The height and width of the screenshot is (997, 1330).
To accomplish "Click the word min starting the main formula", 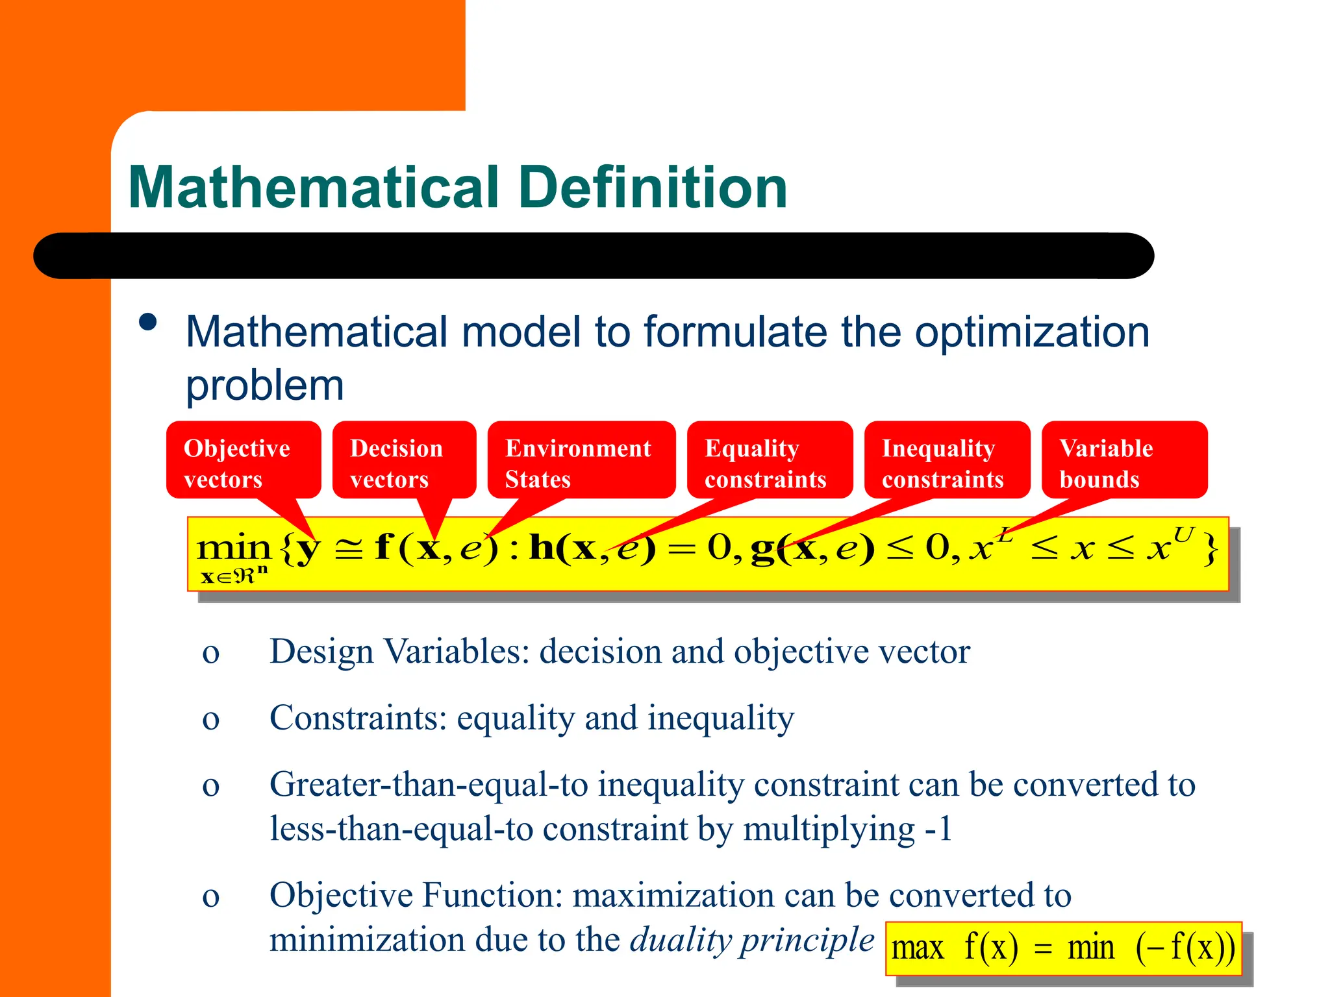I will [x=233, y=548].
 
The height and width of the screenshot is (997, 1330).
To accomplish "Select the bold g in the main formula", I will [x=762, y=550].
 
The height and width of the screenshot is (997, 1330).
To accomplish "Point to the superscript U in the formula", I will [x=1183, y=535].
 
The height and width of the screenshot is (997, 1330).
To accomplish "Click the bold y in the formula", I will [x=308, y=550].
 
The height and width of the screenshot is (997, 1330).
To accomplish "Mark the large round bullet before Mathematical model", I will [x=148, y=323].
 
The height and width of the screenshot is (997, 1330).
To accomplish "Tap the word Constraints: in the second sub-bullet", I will [x=358, y=719].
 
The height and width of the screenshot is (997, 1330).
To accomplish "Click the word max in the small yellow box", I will [x=917, y=948].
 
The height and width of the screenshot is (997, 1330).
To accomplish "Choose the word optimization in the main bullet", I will [x=1032, y=332].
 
